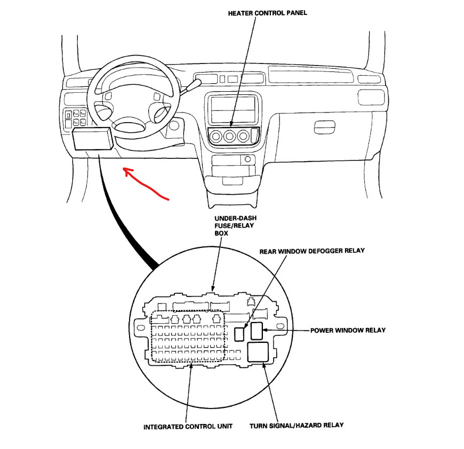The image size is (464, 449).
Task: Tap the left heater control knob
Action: tap(217, 137)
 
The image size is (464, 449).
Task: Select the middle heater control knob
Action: tap(230, 137)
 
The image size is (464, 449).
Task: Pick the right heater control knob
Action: tap(244, 137)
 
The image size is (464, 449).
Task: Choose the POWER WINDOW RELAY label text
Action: tap(348, 330)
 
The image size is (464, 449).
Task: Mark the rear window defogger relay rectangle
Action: tap(239, 333)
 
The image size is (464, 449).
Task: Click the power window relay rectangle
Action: tap(257, 331)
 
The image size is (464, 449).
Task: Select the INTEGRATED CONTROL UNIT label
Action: tap(188, 427)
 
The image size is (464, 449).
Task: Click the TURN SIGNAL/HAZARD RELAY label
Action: tap(297, 425)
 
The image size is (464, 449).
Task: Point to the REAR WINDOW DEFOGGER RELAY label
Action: tap(312, 251)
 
